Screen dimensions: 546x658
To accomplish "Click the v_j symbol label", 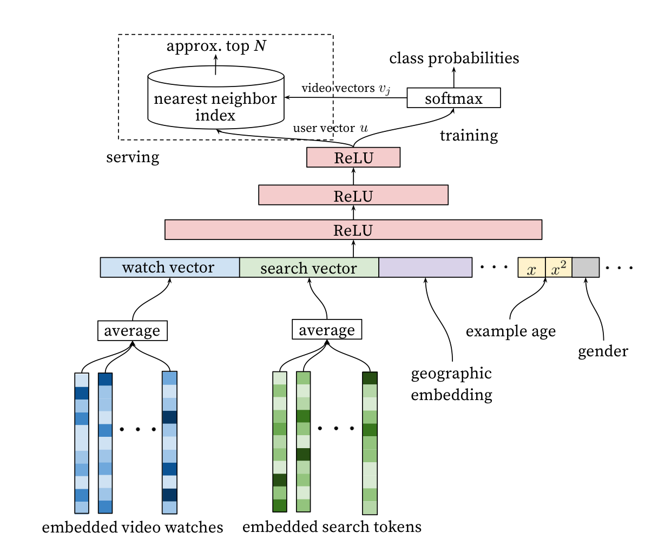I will (384, 90).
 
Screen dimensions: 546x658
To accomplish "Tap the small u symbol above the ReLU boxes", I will (364, 128).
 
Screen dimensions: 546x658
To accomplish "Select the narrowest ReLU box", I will (353, 157).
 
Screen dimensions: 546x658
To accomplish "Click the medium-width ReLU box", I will (353, 195).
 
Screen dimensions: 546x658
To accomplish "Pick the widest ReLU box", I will (353, 230).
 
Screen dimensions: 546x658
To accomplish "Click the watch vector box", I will (170, 268).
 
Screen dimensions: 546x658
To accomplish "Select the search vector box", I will (309, 268).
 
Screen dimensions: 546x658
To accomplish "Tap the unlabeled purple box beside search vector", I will (425, 268).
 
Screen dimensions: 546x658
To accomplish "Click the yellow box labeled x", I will (531, 268).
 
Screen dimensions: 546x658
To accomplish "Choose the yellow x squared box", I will (558, 268).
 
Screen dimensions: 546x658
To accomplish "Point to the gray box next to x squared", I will (585, 268).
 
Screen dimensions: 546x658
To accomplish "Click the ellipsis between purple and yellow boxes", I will (494, 267).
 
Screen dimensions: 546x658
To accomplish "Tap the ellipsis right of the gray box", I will (619, 267).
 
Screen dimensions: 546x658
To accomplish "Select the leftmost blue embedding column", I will (82, 443).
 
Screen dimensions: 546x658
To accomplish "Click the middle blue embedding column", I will (105, 443).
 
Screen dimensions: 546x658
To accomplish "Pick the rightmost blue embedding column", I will (169, 443).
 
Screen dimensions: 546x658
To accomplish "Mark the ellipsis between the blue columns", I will (138, 429).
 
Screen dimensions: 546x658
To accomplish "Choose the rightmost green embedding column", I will (370, 443).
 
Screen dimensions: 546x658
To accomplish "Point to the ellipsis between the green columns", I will (336, 428).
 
